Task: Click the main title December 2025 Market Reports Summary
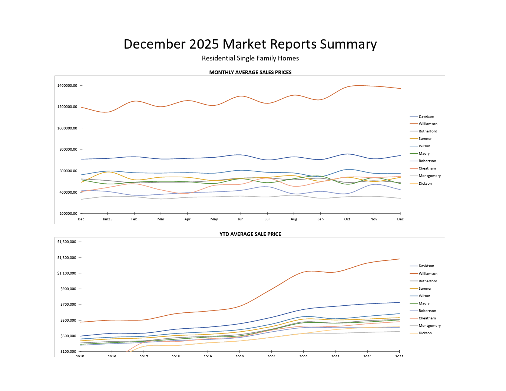point(250,44)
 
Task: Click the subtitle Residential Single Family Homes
point(250,58)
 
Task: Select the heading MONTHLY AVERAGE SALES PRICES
point(250,72)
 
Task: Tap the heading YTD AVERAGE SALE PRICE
point(250,234)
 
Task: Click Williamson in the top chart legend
point(428,124)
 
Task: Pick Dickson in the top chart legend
point(425,184)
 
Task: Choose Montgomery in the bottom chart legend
point(430,326)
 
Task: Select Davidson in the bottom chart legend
point(426,266)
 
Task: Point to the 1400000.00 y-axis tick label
point(67,86)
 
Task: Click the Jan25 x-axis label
point(108,219)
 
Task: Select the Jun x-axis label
point(241,219)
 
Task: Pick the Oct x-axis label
point(347,219)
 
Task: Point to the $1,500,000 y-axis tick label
point(67,242)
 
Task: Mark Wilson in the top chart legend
point(424,146)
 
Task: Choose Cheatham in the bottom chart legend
point(427,318)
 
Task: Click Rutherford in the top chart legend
point(428,131)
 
